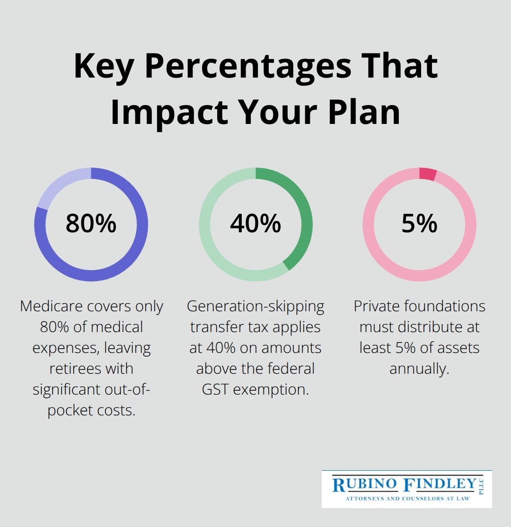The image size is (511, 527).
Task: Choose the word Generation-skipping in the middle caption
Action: tap(255, 306)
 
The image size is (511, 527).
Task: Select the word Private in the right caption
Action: tap(379, 306)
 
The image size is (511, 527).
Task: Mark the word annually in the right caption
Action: tap(419, 369)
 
